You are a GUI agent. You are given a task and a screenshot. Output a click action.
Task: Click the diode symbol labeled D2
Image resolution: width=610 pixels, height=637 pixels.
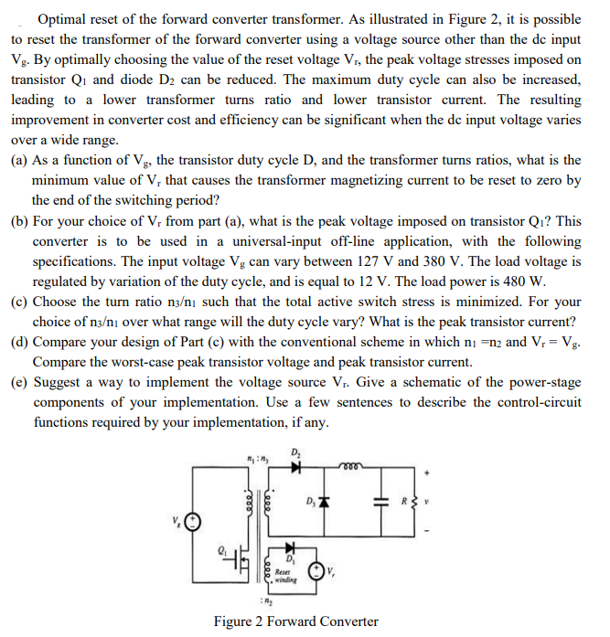pos(295,467)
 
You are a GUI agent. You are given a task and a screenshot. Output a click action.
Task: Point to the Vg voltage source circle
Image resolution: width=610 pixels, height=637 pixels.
pos(192,522)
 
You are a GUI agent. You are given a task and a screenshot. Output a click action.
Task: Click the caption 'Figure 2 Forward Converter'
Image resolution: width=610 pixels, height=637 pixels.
pos(295,621)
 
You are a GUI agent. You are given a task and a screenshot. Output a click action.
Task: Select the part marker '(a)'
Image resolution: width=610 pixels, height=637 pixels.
pos(20,160)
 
